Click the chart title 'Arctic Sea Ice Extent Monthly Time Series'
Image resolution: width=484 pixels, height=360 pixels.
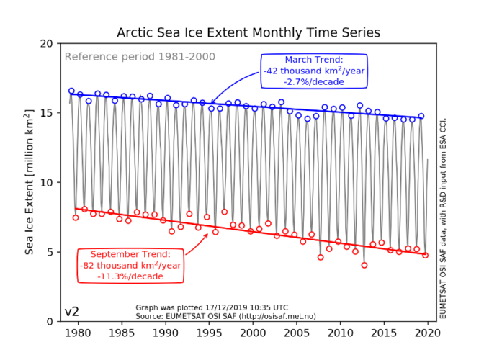point(248,33)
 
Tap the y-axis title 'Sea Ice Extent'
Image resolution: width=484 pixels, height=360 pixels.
point(30,182)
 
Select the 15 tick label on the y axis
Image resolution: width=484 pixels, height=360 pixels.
point(46,113)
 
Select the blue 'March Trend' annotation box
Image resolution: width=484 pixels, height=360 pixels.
point(314,71)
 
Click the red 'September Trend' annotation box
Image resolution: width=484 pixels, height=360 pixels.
point(131,264)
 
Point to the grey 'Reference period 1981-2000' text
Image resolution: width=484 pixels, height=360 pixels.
point(140,57)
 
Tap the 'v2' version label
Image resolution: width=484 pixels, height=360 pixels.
point(72,312)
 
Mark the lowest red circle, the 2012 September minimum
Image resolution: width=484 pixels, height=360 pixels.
point(364,265)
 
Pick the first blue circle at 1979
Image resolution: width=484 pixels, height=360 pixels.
point(71,91)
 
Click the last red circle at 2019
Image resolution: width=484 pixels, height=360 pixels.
point(426,255)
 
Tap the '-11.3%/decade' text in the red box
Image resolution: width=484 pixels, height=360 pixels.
point(131,275)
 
